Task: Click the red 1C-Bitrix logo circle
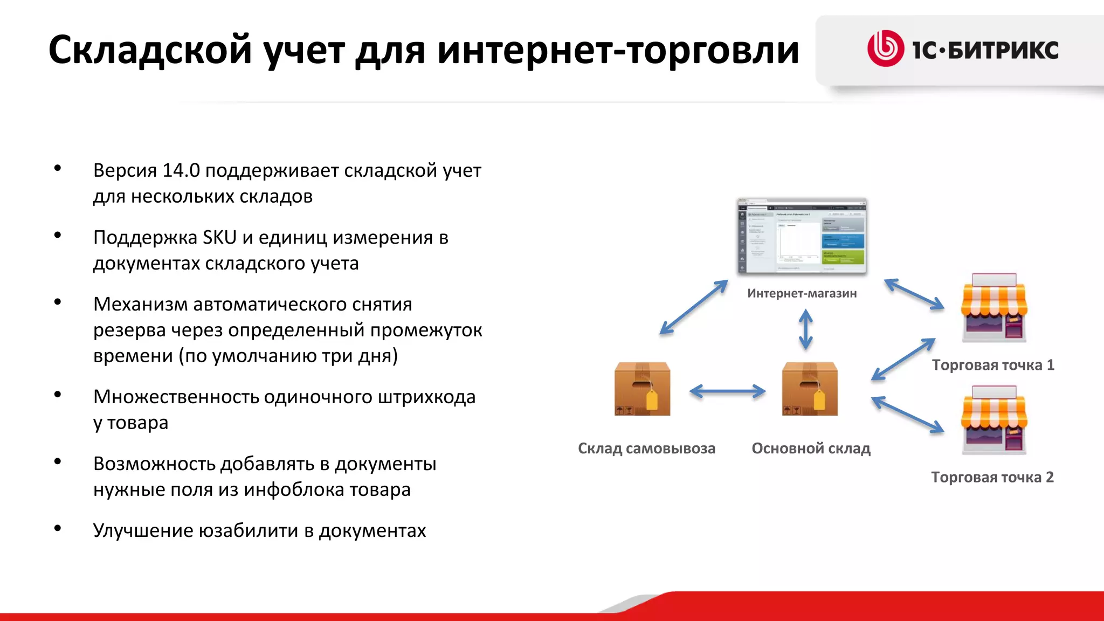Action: click(885, 49)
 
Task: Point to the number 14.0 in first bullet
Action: click(181, 170)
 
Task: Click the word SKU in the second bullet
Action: click(219, 237)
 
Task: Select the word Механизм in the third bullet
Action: click(140, 304)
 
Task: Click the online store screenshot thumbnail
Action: click(802, 237)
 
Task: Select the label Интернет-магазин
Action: click(802, 293)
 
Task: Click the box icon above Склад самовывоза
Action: click(643, 389)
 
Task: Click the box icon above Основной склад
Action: click(810, 389)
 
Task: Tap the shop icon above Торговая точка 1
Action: click(995, 308)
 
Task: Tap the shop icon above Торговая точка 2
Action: click(995, 420)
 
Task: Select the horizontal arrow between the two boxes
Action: click(727, 391)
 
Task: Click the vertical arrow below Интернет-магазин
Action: click(805, 329)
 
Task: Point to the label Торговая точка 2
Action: click(992, 477)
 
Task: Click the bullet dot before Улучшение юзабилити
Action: click(58, 528)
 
